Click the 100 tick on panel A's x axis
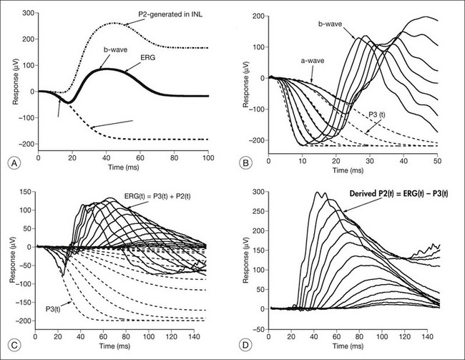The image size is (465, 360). (207, 157)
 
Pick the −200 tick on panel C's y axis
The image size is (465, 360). (23, 319)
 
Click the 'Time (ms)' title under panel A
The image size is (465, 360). (122, 167)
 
